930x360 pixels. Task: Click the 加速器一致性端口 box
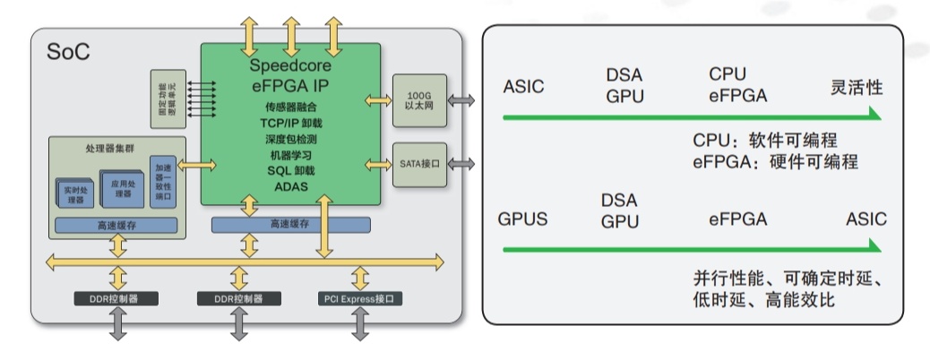163,182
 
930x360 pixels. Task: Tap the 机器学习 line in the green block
290,155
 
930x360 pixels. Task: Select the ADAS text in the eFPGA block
290,186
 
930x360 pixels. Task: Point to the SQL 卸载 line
290,170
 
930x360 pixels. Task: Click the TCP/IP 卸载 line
290,124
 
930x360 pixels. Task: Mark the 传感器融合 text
290,108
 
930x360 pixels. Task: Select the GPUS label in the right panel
523,219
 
